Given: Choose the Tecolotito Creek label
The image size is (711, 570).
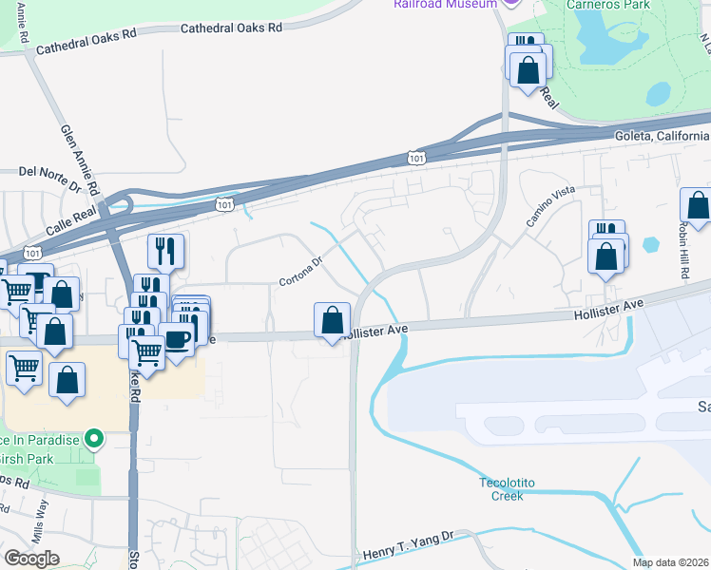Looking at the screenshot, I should [x=507, y=488].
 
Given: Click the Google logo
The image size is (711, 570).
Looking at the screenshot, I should [x=31, y=559].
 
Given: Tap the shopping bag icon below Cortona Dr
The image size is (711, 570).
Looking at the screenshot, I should [x=332, y=320].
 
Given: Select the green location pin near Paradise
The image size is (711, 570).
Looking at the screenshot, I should [x=93, y=438].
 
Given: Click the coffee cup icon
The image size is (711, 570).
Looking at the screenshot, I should [x=177, y=339].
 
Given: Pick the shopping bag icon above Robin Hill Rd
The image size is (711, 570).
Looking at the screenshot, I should [x=698, y=206].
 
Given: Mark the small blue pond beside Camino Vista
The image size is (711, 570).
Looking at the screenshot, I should [x=651, y=244].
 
